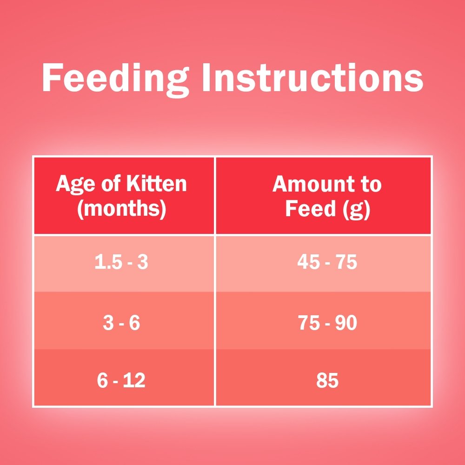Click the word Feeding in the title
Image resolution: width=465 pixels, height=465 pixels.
(116, 80)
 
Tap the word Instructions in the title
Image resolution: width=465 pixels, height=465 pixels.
(312, 78)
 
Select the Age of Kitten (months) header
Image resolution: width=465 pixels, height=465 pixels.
(121, 196)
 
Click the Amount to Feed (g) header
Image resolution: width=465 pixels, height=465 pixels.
(327, 196)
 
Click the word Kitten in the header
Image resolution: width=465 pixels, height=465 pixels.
(157, 184)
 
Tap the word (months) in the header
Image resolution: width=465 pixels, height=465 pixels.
(121, 209)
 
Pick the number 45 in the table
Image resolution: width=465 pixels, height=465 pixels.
(308, 262)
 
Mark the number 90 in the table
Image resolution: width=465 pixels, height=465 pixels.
(346, 323)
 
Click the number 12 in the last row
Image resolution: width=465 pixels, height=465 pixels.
(134, 380)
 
